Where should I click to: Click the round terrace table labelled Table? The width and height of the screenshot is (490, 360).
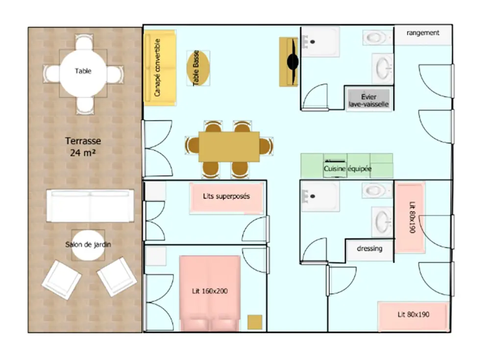[x=83, y=74]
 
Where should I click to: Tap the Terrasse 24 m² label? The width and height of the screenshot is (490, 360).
[x=83, y=147]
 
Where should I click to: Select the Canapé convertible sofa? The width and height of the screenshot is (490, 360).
[x=160, y=68]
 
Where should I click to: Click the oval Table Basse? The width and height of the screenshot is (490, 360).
[x=198, y=68]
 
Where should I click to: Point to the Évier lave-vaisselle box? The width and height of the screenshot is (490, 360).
[x=369, y=100]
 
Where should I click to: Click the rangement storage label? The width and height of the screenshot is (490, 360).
[x=423, y=33]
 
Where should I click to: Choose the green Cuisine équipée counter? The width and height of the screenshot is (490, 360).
[x=347, y=166]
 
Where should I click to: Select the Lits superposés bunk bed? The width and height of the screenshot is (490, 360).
[x=226, y=198]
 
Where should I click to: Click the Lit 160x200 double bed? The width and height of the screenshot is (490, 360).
[x=210, y=293]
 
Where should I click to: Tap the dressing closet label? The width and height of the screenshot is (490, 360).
[x=369, y=249]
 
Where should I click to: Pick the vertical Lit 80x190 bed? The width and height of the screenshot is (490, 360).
[x=410, y=217]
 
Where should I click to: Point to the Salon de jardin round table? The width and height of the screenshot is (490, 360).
[x=88, y=246]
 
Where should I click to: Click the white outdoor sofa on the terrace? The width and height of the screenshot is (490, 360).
[x=90, y=206]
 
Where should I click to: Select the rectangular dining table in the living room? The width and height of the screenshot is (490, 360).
[x=229, y=147]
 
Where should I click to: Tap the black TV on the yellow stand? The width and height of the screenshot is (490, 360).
[x=293, y=62]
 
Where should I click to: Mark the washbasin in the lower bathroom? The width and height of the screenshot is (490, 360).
[x=382, y=222]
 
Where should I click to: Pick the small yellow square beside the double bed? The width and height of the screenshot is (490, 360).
[x=255, y=322]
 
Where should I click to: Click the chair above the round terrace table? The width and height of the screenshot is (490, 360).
[x=84, y=43]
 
